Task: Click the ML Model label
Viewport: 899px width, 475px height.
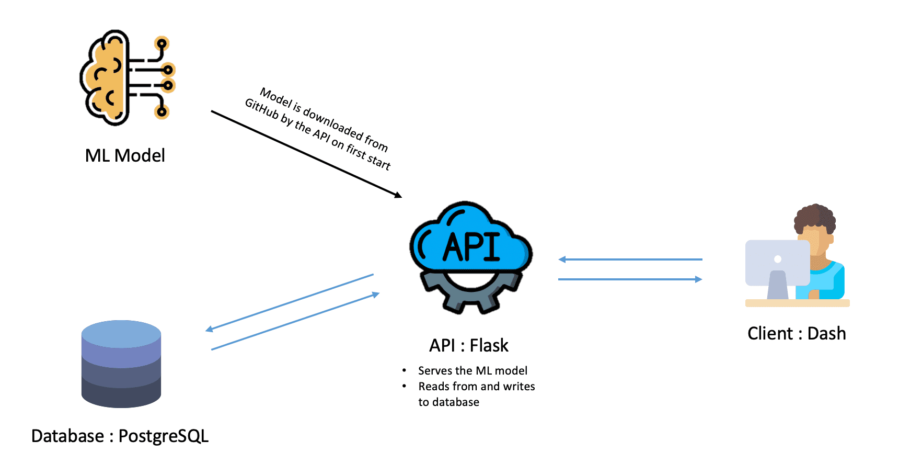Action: [x=125, y=155]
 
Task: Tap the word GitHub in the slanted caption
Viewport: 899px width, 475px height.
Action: [x=262, y=109]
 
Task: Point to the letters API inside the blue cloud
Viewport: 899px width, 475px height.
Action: [x=471, y=246]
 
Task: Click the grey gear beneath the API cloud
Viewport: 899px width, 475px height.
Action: [x=470, y=296]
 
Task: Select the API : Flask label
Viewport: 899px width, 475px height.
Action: [x=468, y=345]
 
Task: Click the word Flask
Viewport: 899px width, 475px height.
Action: [x=489, y=345]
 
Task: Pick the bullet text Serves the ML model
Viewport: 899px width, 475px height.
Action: [x=472, y=370]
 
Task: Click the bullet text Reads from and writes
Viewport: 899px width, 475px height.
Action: [x=476, y=386]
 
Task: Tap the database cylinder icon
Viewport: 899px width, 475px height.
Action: [x=121, y=364]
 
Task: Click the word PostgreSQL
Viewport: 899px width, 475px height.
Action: [x=164, y=436]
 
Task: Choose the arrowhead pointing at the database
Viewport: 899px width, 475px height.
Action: [x=209, y=330]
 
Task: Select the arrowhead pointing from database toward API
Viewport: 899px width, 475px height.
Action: [x=376, y=295]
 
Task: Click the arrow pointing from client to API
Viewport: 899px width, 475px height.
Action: [x=630, y=259]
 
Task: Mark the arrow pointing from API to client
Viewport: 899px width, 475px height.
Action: [x=630, y=279]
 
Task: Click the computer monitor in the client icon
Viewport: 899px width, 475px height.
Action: [x=777, y=263]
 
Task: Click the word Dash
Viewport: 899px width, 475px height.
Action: [x=826, y=333]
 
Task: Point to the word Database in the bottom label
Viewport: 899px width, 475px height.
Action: [x=67, y=436]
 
